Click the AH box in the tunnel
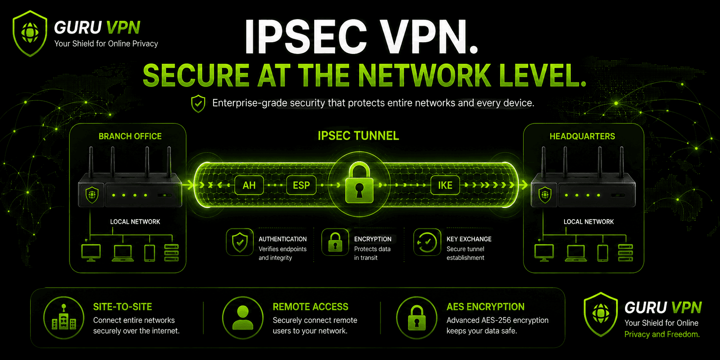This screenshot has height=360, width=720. tap(249, 185)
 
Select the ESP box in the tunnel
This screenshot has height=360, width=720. tap(301, 185)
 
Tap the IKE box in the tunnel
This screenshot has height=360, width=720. tap(445, 185)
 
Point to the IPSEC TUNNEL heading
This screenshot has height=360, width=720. tap(358, 136)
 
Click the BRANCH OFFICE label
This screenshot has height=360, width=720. tap(130, 136)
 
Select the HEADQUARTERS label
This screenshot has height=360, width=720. tap(582, 136)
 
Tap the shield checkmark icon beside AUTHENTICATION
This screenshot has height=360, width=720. tap(240, 242)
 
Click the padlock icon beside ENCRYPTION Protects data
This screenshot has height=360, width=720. tap(335, 242)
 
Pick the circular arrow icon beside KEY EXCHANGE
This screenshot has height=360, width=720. tap(427, 242)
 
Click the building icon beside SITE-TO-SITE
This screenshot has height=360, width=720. tap(64, 318)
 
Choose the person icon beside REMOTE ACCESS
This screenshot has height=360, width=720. tap(243, 318)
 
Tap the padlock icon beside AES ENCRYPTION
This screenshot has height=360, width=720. tap(417, 318)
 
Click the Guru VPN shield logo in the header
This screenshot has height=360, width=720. tap(30, 33)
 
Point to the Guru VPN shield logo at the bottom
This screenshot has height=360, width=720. tap(601, 315)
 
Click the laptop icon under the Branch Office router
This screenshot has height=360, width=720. tap(123, 253)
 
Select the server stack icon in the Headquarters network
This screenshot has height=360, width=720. tap(625, 253)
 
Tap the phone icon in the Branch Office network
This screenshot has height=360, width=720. tap(150, 253)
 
